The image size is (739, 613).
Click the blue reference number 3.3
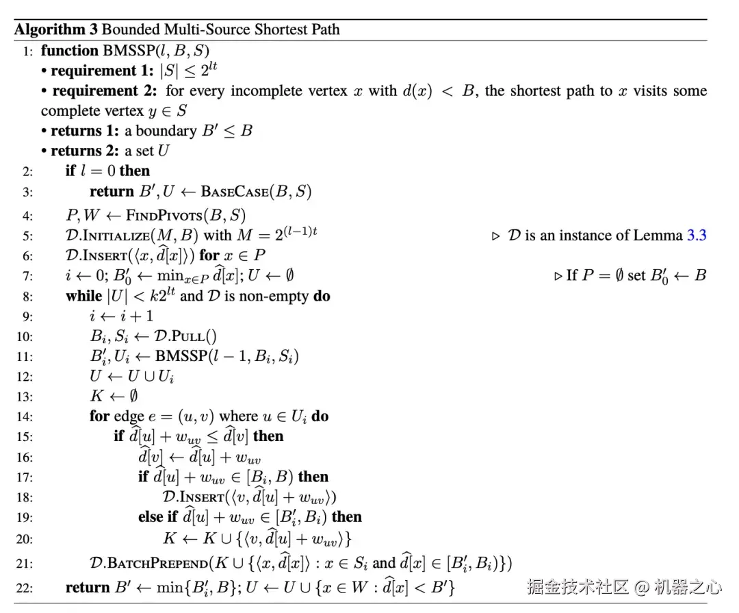(696, 236)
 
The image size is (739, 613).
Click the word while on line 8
(83, 296)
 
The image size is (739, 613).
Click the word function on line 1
(70, 51)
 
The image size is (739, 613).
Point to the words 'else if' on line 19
(159, 517)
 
